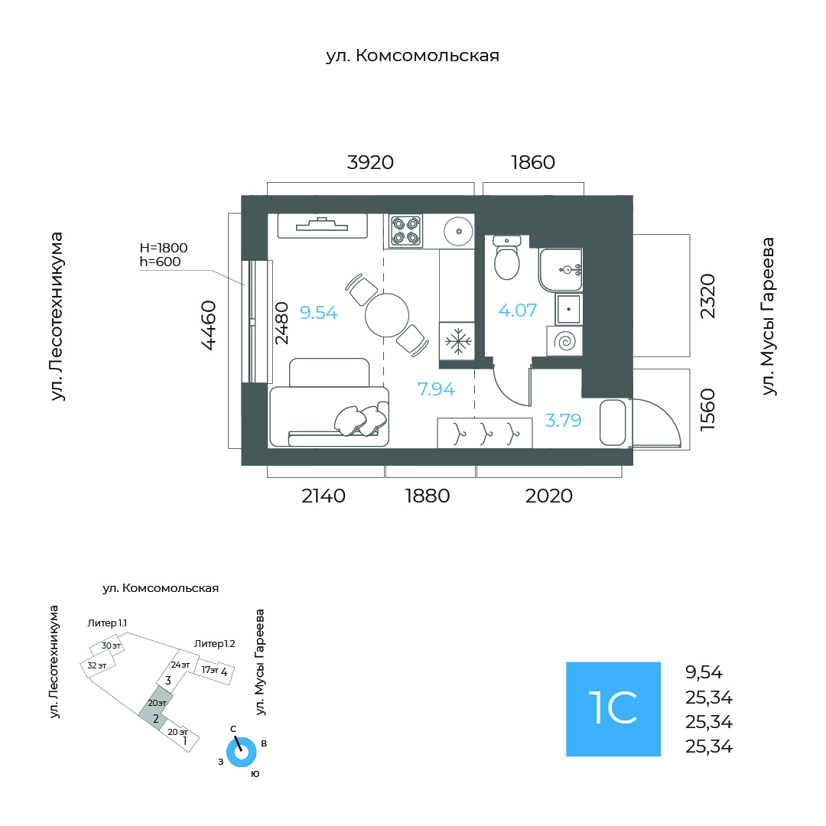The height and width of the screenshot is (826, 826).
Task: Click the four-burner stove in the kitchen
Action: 405,231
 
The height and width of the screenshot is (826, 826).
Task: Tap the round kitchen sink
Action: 458,231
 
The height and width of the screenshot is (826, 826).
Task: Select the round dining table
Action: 387,315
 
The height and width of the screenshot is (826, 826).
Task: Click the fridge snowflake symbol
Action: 457,341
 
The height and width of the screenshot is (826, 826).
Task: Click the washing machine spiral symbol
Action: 564,341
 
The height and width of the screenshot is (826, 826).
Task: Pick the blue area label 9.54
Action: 318,312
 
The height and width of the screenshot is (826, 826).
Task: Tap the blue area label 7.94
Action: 436,389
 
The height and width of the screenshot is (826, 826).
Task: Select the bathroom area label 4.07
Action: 517,311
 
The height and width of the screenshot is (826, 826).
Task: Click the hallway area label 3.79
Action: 563,420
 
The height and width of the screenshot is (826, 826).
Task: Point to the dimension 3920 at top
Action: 370,162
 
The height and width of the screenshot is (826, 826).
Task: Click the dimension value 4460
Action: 209,325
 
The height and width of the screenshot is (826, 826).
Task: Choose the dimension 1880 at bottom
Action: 428,496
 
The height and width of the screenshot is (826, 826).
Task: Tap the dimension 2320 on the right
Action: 707,296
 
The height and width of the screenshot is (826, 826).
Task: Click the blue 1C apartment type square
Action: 613,709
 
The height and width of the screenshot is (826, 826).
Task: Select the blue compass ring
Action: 241,753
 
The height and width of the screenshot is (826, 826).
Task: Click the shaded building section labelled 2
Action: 155,708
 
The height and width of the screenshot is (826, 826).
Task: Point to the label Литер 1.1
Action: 107,623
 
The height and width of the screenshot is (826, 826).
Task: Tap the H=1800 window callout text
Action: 164,248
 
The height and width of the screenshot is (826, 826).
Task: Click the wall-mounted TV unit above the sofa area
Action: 322,226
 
